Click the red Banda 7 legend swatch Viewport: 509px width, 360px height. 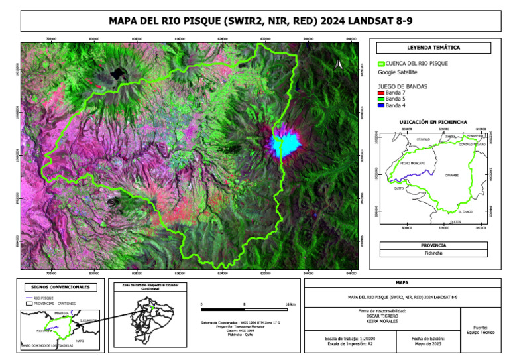(380, 93)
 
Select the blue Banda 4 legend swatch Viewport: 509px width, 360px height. (380, 105)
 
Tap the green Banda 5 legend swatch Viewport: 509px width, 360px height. (380, 99)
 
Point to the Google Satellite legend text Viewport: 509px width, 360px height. (398, 72)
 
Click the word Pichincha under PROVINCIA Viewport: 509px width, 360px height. (434, 253)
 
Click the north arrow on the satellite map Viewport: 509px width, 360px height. (339, 64)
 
